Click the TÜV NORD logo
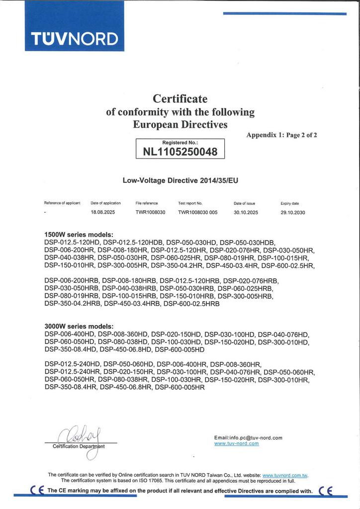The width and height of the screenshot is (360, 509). (75, 38)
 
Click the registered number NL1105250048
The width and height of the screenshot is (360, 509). (180, 152)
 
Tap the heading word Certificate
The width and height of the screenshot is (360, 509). (180, 98)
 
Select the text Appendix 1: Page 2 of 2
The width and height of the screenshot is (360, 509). (281, 135)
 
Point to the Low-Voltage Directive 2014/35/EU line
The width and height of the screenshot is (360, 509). (180, 181)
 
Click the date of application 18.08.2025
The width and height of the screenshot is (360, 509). (102, 212)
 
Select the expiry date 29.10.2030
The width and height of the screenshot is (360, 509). (293, 212)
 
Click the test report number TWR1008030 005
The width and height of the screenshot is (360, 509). (198, 212)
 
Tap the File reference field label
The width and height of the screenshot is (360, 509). (146, 203)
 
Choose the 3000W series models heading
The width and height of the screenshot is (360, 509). (79, 326)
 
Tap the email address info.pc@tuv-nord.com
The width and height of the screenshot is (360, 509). (248, 437)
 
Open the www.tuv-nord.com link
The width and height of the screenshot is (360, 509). (236, 443)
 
